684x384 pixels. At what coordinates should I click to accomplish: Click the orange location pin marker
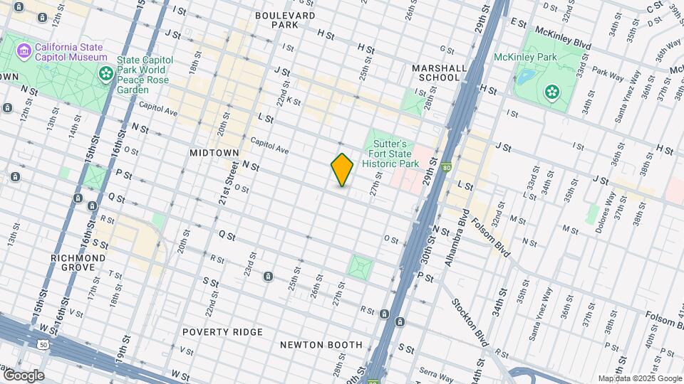342,170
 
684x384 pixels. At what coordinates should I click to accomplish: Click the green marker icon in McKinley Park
551,91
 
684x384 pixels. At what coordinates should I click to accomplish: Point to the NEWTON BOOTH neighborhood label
321,345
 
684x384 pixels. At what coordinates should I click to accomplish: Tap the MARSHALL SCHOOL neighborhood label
440,73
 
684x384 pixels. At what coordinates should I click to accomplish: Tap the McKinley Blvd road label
562,36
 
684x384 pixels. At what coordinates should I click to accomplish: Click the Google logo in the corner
23,375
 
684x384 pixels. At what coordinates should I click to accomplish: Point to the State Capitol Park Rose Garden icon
106,73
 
